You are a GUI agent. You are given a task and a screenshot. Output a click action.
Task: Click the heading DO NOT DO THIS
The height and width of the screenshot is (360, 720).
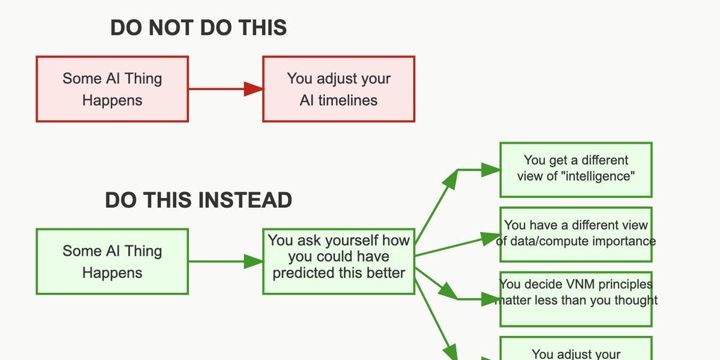(x=199, y=28)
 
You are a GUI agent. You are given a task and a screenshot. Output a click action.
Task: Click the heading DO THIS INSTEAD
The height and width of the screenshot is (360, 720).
(x=199, y=200)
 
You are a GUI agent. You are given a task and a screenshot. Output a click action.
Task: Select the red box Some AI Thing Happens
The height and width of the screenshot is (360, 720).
(x=112, y=89)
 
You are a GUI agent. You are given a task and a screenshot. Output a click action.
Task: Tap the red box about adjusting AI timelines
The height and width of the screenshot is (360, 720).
(x=338, y=89)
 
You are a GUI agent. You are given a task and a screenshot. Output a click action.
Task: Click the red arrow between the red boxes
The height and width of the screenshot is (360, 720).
(x=225, y=89)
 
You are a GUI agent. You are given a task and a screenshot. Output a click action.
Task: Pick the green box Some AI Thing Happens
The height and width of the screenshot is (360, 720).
(x=112, y=262)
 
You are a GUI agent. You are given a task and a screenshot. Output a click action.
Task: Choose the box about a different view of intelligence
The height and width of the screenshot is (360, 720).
(x=576, y=169)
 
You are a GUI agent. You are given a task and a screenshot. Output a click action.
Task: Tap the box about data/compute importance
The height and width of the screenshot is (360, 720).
(x=576, y=234)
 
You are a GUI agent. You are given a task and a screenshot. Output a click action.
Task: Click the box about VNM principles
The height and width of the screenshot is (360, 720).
(x=576, y=299)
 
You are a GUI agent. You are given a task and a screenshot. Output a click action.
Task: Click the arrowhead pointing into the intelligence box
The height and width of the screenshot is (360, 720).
(x=491, y=170)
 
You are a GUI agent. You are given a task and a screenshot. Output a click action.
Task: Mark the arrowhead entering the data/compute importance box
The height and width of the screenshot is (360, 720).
(x=491, y=239)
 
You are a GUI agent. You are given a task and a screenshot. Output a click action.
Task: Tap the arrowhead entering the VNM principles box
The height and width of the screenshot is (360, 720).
(x=491, y=299)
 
